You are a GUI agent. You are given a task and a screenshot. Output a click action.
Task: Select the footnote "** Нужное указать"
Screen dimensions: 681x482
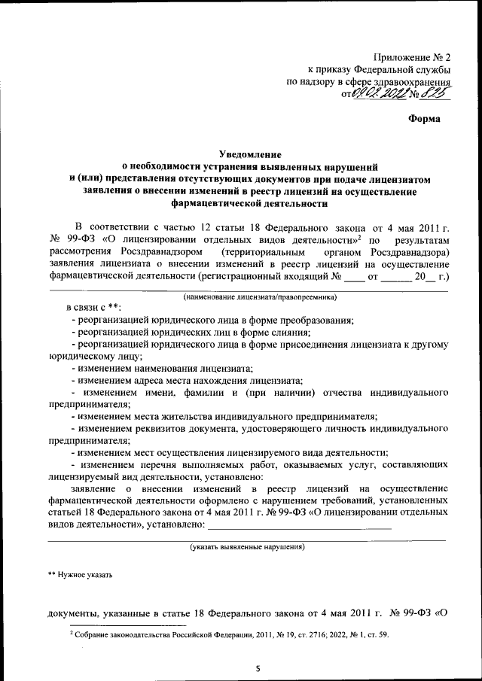81,575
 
